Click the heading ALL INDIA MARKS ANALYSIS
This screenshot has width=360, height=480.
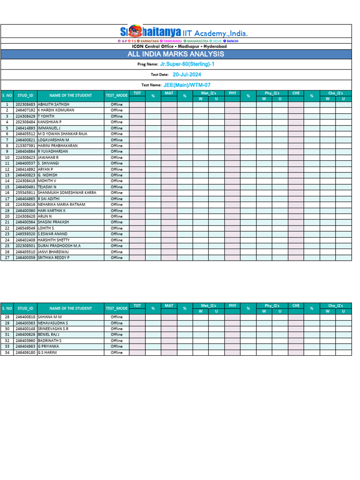coord(176,54)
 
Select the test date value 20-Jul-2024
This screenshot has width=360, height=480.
coord(187,75)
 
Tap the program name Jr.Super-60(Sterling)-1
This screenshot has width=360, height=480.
coord(187,64)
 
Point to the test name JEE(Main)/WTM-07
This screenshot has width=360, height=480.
coord(187,85)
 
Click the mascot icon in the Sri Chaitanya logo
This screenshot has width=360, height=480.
coord(135,31)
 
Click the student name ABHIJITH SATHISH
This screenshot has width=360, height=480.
coord(53,105)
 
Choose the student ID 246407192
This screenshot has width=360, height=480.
coord(25,110)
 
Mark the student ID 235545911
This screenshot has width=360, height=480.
coord(25,193)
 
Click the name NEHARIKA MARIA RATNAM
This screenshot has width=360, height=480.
coord(61,204)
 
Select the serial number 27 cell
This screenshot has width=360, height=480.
coord(7,257)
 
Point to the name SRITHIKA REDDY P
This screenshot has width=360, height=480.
coord(53,257)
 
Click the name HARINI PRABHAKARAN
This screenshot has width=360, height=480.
coord(57,146)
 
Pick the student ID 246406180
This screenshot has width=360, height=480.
coord(25,352)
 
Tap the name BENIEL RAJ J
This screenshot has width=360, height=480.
coord(49,335)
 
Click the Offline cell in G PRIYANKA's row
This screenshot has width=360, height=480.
coord(116,346)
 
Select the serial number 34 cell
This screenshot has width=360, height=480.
coord(7,352)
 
